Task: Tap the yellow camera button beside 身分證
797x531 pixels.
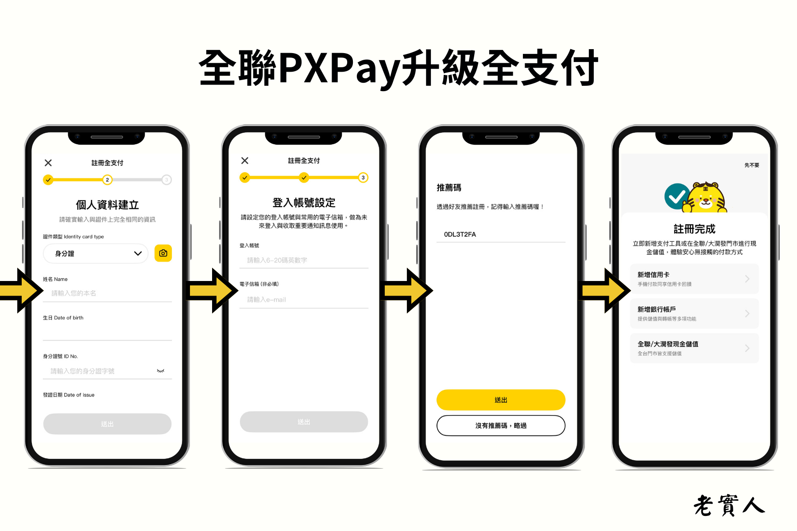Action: (163, 253)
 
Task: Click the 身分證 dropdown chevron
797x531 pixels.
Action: (138, 254)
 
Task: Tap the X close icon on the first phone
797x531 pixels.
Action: (48, 163)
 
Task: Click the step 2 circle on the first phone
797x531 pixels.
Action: (107, 180)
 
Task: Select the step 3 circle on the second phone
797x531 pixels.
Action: (363, 177)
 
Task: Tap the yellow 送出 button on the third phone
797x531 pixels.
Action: (501, 400)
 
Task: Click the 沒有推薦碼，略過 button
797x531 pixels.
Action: (501, 425)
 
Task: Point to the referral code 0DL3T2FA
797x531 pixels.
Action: (460, 235)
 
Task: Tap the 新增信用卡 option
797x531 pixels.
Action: (694, 279)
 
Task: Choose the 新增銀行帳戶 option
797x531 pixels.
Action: (694, 313)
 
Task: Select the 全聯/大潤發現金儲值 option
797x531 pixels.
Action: (694, 348)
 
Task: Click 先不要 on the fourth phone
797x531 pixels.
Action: (751, 165)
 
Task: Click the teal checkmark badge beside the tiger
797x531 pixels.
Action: (676, 196)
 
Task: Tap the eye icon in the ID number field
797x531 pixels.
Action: (161, 371)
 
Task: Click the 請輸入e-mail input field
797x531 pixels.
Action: (304, 300)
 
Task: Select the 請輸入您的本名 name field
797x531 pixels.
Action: (107, 293)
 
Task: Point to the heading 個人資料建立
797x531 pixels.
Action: (107, 205)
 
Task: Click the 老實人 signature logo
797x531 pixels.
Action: (729, 505)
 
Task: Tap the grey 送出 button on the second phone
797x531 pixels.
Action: (304, 422)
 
